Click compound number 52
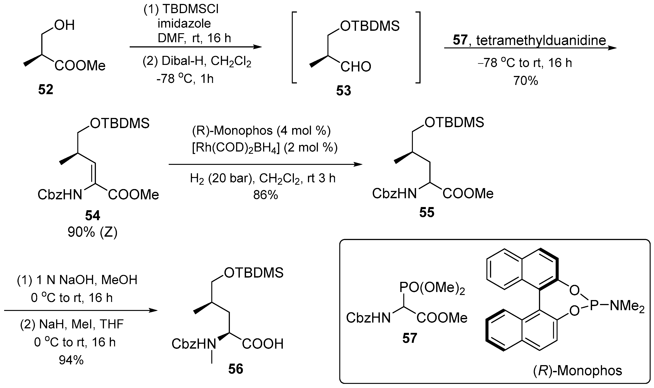point(46,90)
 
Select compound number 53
point(343,91)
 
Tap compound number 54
point(92,215)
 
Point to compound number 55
point(427,212)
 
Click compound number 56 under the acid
point(236,369)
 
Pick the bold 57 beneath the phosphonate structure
point(409,338)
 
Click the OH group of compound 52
point(64,25)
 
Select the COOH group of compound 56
point(263,344)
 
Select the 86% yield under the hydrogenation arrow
point(265,195)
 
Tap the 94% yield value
point(71,360)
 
